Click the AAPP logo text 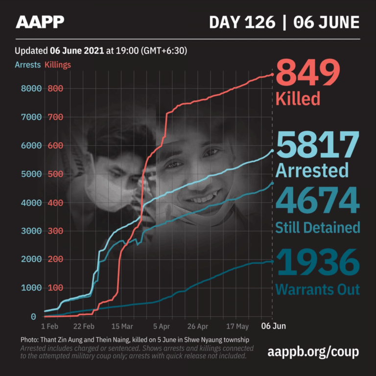pyautogui.click(x=40, y=22)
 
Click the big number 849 pyautogui.click(x=308, y=74)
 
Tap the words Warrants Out pyautogui.click(x=317, y=289)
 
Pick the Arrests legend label pyautogui.click(x=27, y=65)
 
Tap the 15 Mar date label pyautogui.click(x=122, y=326)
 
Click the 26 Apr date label pyautogui.click(x=198, y=326)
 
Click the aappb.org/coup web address pyautogui.click(x=314, y=352)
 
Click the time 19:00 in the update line pyautogui.click(x=127, y=50)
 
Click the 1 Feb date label pyautogui.click(x=50, y=326)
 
